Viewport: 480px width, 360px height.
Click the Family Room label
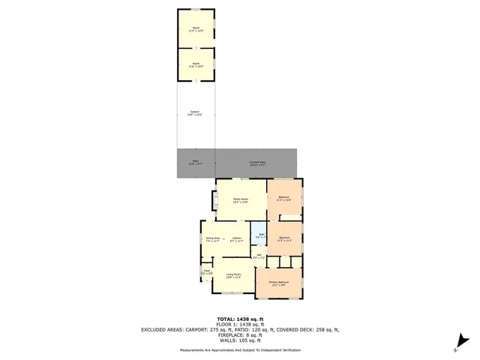[x=240, y=199]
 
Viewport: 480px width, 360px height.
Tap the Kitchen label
[x=236, y=239]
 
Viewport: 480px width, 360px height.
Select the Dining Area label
[x=212, y=239]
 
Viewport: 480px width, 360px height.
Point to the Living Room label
[x=233, y=276]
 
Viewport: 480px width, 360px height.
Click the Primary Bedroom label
[x=279, y=283]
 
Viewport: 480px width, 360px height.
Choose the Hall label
[x=257, y=257]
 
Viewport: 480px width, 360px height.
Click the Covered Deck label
[x=257, y=162]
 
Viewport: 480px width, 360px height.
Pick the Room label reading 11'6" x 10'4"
[x=196, y=64]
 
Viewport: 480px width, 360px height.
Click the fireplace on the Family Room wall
[x=213, y=199]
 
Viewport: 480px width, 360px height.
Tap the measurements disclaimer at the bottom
[x=239, y=350]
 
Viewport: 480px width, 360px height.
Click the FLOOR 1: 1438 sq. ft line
[x=239, y=324]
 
